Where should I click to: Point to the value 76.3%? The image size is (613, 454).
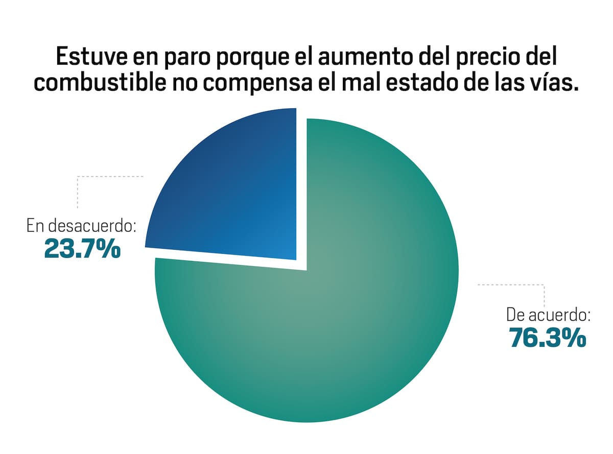pyautogui.click(x=547, y=338)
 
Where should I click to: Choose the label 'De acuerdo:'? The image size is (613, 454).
pyautogui.click(x=548, y=314)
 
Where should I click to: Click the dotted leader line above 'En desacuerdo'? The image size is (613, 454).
pyautogui.click(x=110, y=177)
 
